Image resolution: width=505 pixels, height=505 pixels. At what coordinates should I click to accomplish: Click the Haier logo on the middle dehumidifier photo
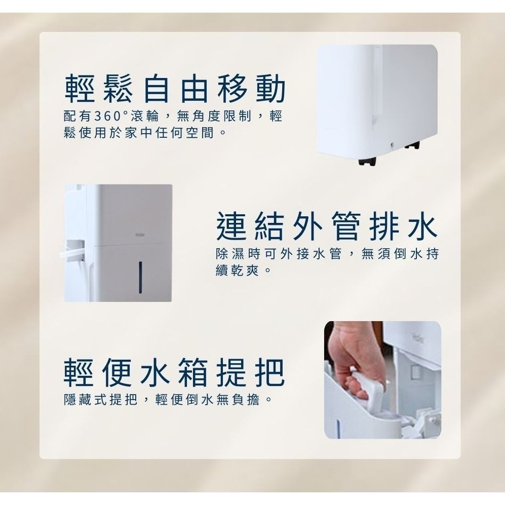(140, 235)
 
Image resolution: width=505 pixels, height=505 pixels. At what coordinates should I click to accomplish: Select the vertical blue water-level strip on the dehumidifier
(139, 277)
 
